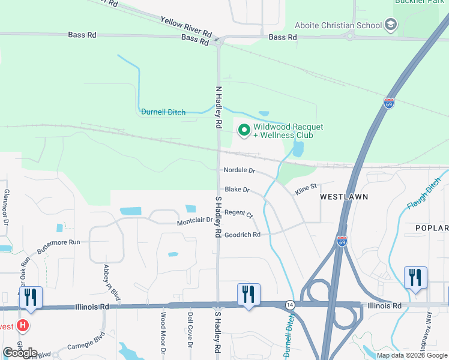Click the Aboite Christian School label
pyautogui.click(x=339, y=25)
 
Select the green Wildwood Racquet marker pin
pyautogui.click(x=244, y=130)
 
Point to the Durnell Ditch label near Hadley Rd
pyautogui.click(x=163, y=112)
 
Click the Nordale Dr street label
pyautogui.click(x=239, y=170)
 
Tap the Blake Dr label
pyautogui.click(x=237, y=190)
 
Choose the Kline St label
pyautogui.click(x=305, y=190)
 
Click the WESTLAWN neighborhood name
pyautogui.click(x=340, y=197)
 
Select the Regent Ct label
pyautogui.click(x=239, y=214)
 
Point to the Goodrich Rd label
pyautogui.click(x=243, y=235)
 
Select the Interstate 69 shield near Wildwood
pyautogui.click(x=389, y=103)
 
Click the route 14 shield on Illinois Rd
pyautogui.click(x=289, y=305)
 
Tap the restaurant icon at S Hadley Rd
pyautogui.click(x=249, y=295)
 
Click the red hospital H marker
pyautogui.click(x=23, y=326)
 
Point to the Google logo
pyautogui.click(x=20, y=352)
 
